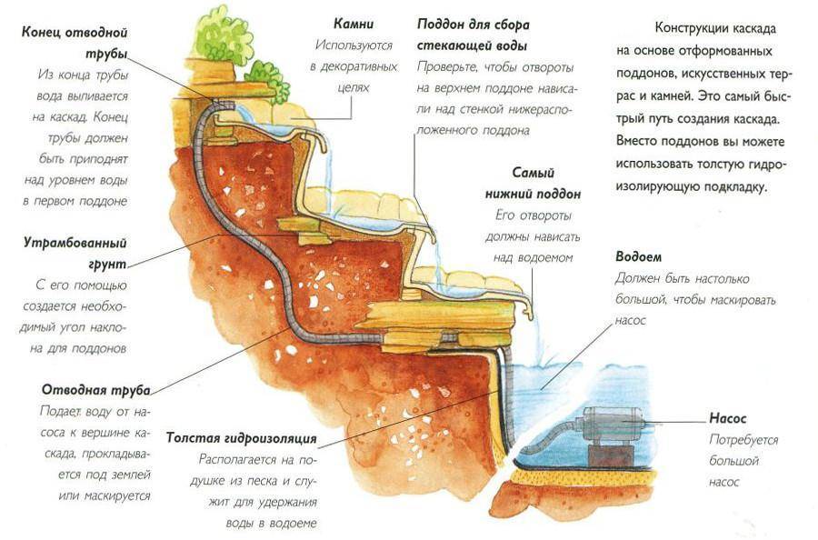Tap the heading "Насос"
pyautogui.click(x=728, y=419)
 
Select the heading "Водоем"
pyautogui.click(x=638, y=256)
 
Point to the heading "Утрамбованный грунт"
pyautogui.click(x=75, y=253)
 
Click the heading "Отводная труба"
pyautogui.click(x=95, y=389)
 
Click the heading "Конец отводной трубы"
pyautogui.click(x=75, y=42)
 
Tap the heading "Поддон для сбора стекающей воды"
pyautogui.click(x=473, y=34)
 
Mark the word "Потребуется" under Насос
pyautogui.click(x=744, y=440)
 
